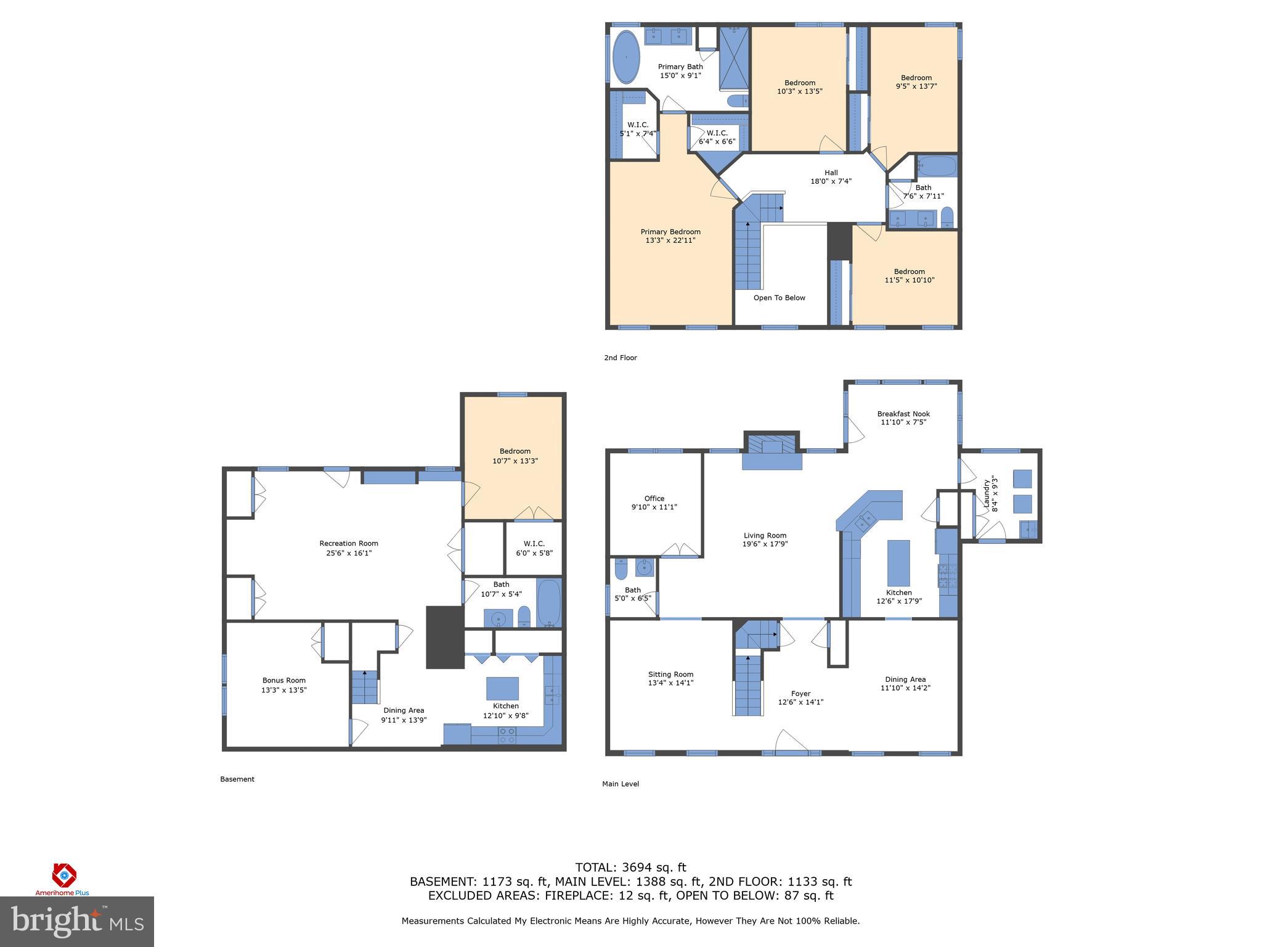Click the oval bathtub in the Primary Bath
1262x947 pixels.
(x=626, y=57)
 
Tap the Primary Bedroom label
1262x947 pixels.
(x=670, y=232)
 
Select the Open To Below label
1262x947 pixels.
(x=779, y=298)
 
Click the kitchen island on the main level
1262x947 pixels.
(x=898, y=563)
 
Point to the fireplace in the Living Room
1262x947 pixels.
(x=771, y=453)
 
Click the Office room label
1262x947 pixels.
(x=654, y=499)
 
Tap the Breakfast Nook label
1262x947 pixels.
(x=903, y=414)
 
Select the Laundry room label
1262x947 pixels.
(x=987, y=494)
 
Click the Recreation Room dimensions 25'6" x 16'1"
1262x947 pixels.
(x=349, y=553)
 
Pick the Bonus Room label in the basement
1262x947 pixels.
(x=283, y=681)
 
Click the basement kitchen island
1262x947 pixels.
(x=502, y=688)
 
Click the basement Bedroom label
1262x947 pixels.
(x=515, y=451)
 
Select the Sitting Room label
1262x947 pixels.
(x=670, y=674)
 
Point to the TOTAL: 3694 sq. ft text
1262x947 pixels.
(x=630, y=867)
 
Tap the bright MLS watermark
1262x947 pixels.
(x=77, y=921)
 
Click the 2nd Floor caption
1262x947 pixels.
(x=620, y=358)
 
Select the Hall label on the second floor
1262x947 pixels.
(x=831, y=173)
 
